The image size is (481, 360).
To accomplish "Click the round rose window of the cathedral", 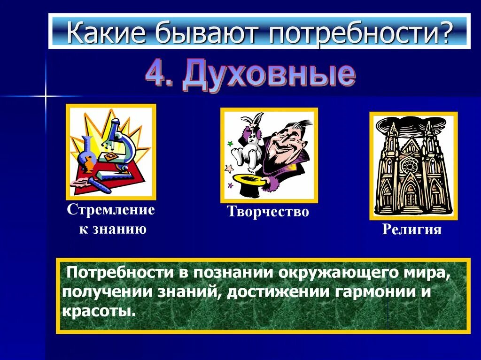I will pos(412,165).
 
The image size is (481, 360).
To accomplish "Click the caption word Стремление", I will pos(111,209).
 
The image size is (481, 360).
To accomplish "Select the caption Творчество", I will pos(268,212).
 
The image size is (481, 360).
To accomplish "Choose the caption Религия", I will pos(412,230).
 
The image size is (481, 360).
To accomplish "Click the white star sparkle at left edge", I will pos(46,96).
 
